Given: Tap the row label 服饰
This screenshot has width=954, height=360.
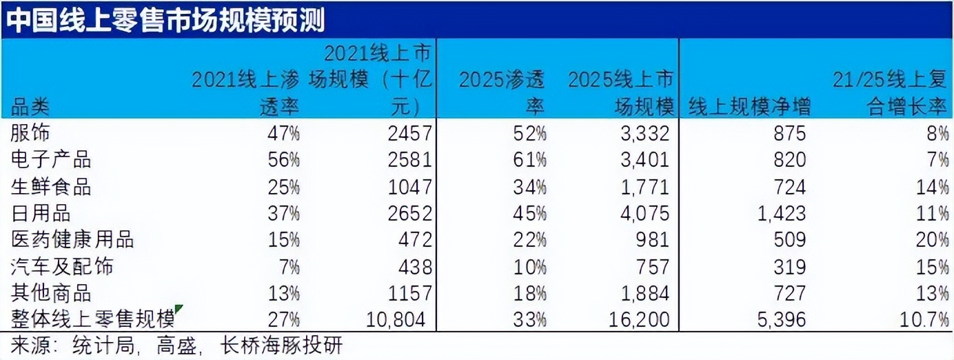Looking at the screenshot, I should pos(30,132).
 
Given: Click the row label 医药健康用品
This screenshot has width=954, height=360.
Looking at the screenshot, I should pos(72,239).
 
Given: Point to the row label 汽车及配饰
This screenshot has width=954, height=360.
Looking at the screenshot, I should pos(62,266).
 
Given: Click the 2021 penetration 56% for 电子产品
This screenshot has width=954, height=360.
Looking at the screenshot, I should pos(283,159).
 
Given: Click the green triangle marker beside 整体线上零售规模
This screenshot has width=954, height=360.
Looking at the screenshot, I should pos(179,308).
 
